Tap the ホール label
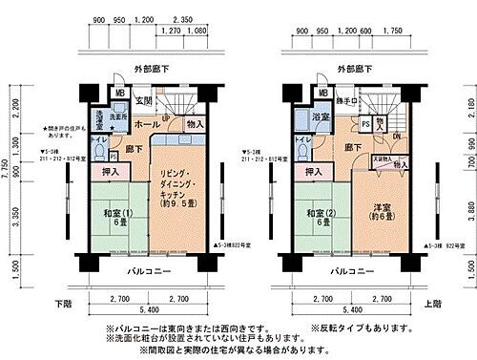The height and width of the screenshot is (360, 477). [x=147, y=124]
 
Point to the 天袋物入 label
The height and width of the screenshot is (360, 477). [x=381, y=159]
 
